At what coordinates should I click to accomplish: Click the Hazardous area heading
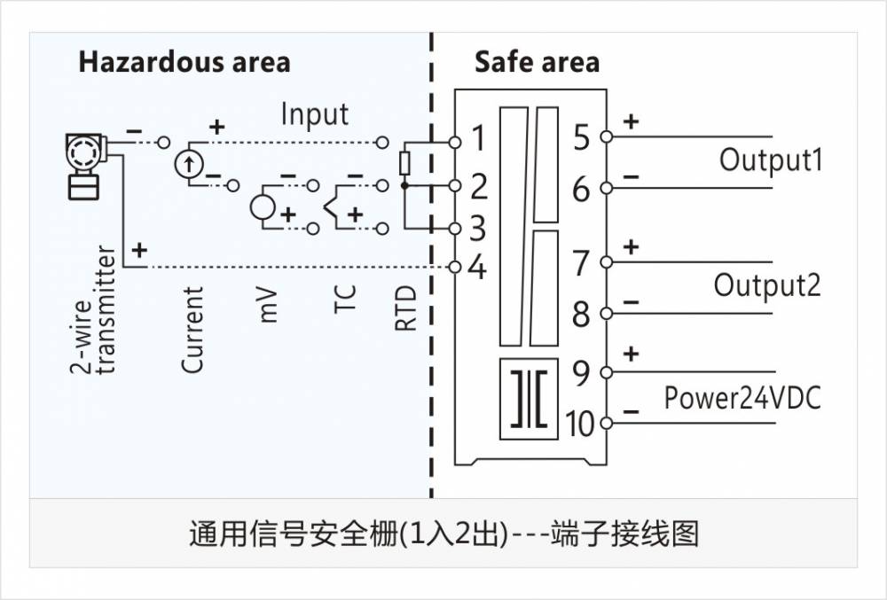click(x=184, y=63)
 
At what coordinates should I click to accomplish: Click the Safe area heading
click(x=537, y=63)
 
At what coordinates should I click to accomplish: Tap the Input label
click(x=315, y=114)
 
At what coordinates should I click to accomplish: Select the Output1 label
click(x=770, y=160)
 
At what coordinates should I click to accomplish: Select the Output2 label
click(x=767, y=285)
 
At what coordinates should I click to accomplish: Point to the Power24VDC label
click(x=742, y=399)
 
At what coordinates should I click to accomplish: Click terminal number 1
click(x=478, y=139)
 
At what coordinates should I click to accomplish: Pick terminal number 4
click(x=477, y=267)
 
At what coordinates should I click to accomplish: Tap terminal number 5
click(x=581, y=138)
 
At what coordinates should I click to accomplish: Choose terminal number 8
click(x=581, y=314)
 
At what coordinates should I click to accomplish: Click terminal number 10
click(x=578, y=425)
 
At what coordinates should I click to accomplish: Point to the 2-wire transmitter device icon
click(x=85, y=166)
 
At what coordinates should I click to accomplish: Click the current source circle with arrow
click(x=188, y=163)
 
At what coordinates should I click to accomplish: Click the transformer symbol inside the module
click(x=530, y=398)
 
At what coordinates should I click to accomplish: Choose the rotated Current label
click(x=192, y=329)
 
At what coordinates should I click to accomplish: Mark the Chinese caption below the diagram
click(x=443, y=534)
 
